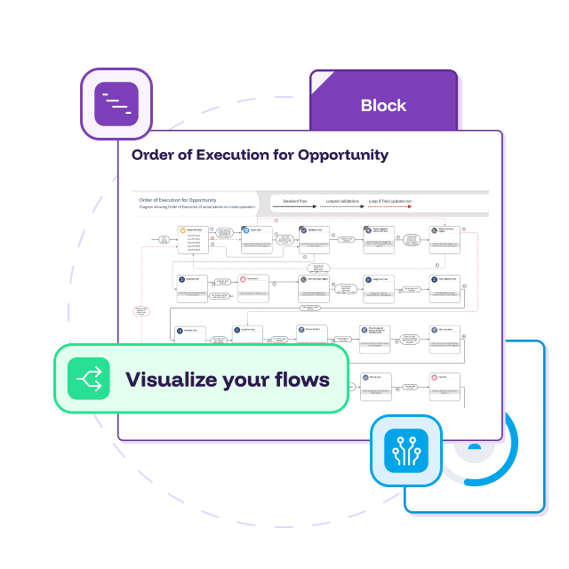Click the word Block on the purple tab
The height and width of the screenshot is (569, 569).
(383, 106)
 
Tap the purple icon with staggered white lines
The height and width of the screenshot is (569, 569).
(116, 104)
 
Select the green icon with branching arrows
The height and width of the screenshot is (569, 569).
(89, 380)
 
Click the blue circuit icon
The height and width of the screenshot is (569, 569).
(406, 451)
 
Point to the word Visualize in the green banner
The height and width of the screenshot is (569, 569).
(168, 380)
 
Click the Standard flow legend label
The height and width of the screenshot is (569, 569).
(295, 202)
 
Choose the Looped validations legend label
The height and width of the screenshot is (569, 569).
(342, 202)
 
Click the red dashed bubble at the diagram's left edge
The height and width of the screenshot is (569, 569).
(141, 310)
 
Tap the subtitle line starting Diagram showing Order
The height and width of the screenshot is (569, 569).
(196, 210)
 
